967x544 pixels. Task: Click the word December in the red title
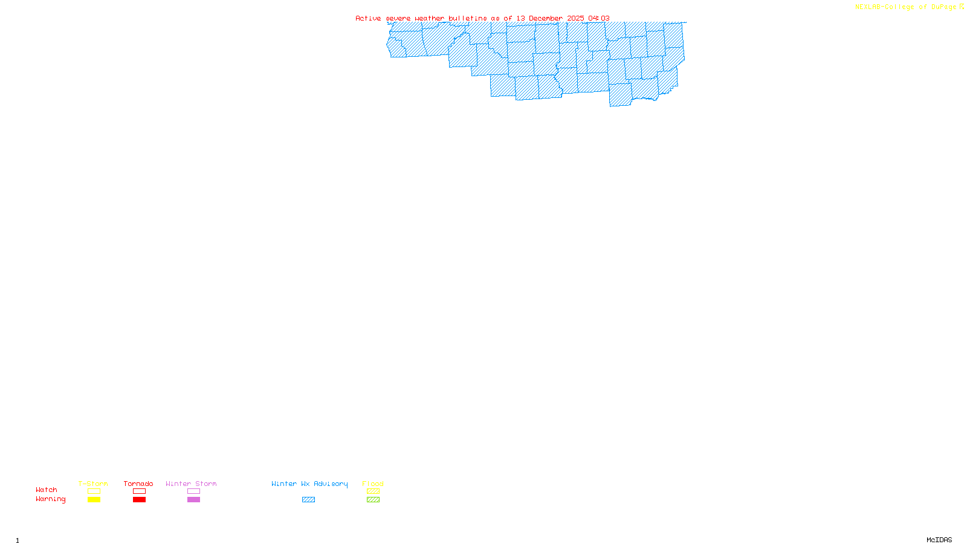pyautogui.click(x=545, y=19)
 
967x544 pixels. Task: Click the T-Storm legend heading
pyautogui.click(x=93, y=484)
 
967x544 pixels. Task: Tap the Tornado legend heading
pyautogui.click(x=138, y=484)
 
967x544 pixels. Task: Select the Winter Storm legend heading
pyautogui.click(x=191, y=484)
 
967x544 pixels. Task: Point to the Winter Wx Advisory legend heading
pyautogui.click(x=309, y=484)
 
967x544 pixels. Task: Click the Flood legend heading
pyautogui.click(x=373, y=484)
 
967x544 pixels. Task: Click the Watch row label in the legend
pyautogui.click(x=47, y=490)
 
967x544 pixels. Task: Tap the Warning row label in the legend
pyautogui.click(x=50, y=499)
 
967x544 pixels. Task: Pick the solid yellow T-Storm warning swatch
pyautogui.click(x=94, y=500)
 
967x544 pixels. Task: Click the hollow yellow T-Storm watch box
pyautogui.click(x=94, y=491)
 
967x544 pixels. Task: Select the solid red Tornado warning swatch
pyautogui.click(x=139, y=500)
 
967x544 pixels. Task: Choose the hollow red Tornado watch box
pyautogui.click(x=139, y=491)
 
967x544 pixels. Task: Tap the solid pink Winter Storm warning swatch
pyautogui.click(x=193, y=500)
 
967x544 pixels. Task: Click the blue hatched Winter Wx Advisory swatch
pyautogui.click(x=308, y=500)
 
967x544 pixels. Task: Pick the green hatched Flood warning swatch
pyautogui.click(x=373, y=500)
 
